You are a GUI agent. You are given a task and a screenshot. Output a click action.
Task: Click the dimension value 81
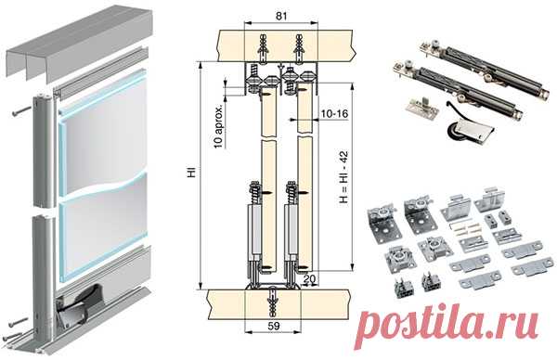tap(281, 16)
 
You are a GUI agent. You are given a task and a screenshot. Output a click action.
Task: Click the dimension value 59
tap(273, 326)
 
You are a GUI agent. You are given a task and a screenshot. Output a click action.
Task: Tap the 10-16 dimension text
tap(334, 113)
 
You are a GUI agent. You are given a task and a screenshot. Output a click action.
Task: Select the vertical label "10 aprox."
tap(219, 127)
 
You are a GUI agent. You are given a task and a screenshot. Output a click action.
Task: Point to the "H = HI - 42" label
tap(343, 177)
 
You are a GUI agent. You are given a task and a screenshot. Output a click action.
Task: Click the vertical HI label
tap(192, 173)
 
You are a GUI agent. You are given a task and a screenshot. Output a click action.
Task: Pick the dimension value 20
tap(309, 278)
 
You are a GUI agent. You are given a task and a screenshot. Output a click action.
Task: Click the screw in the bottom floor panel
tap(273, 302)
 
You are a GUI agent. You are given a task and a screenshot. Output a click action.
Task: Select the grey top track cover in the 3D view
tap(80, 45)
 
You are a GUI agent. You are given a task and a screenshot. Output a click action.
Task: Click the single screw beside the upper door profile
tap(21, 110)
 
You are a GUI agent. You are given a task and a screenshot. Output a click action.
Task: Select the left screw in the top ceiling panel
tap(264, 48)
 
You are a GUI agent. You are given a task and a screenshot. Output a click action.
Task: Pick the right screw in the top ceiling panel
tap(299, 48)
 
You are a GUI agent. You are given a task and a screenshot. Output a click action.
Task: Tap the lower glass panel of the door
tap(103, 235)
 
